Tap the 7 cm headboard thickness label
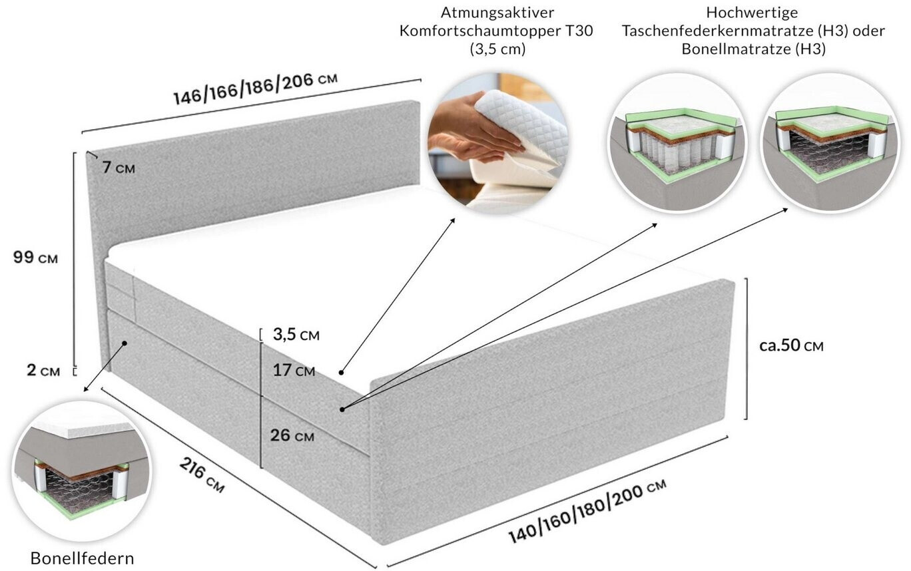coord(119,168)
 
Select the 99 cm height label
coord(35,258)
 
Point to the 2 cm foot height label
coord(43,371)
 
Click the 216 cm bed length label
coord(202,475)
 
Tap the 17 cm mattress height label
coord(294,370)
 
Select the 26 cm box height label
coord(292,436)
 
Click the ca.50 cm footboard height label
coord(791,346)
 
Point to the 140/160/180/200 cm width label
coord(587,510)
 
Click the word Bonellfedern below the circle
coord(82,558)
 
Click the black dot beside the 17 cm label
coord(341,371)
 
